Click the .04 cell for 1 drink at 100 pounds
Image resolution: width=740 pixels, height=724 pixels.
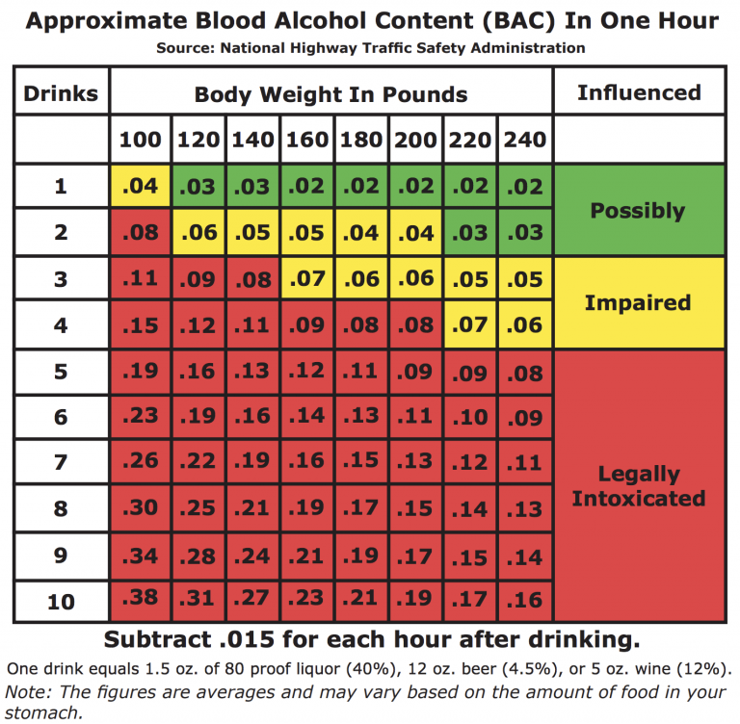click(141, 186)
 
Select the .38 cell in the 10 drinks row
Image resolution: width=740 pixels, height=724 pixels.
click(141, 600)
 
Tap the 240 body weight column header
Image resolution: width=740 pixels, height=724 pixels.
click(524, 141)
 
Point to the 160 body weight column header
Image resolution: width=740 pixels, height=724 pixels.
click(307, 141)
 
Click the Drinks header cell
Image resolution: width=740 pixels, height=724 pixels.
click(61, 93)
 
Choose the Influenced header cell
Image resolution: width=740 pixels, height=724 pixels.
click(638, 93)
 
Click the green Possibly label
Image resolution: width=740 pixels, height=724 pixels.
click(638, 211)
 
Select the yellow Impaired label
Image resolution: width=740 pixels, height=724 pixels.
click(638, 302)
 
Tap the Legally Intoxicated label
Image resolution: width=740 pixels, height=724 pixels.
click(638, 486)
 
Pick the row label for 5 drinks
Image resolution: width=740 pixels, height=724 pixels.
click(61, 371)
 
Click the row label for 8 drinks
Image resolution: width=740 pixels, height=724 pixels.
click(61, 509)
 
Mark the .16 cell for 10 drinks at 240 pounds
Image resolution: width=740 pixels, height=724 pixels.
click(524, 600)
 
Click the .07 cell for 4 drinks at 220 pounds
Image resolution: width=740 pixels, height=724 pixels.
click(470, 325)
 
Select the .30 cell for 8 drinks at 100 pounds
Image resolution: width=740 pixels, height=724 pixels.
click(141, 509)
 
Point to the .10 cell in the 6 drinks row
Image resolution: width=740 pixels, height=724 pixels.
click(470, 417)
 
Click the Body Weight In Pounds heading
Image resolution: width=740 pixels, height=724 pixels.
click(330, 94)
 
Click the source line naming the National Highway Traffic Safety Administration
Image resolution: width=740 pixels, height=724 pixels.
click(370, 47)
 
